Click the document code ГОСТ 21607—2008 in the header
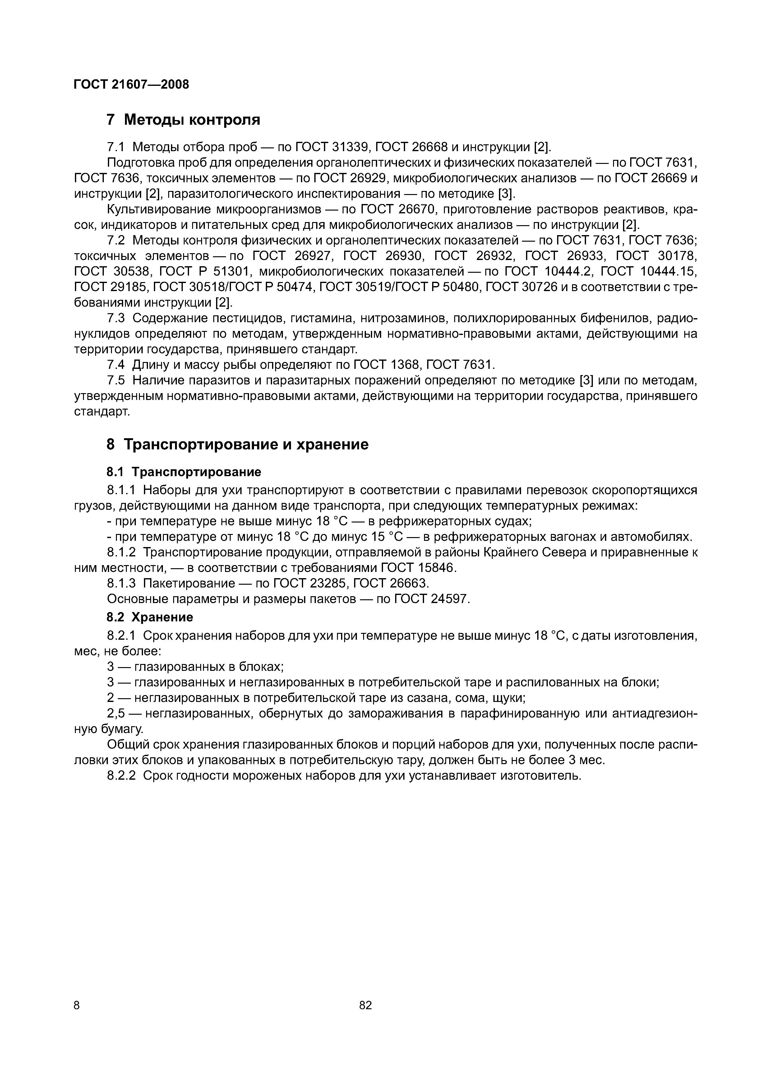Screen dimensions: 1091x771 coord(131,85)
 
